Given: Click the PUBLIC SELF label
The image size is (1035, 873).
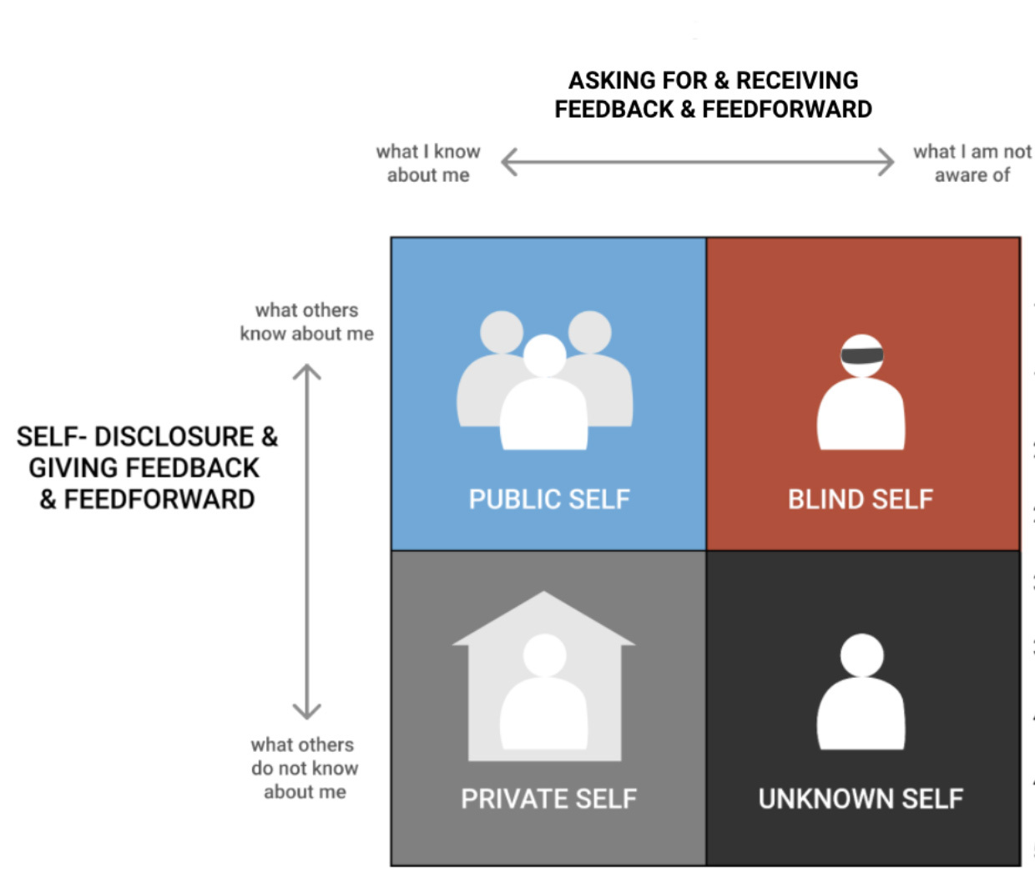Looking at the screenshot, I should tap(548, 499).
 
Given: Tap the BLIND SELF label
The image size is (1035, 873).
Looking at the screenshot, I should tap(860, 499).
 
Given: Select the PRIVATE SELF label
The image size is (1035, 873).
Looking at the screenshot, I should tap(548, 799).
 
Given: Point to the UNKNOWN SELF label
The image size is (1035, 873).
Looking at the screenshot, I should tap(861, 799).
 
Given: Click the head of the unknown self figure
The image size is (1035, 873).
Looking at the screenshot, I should tap(861, 654).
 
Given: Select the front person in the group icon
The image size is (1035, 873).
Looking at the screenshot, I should tap(544, 401).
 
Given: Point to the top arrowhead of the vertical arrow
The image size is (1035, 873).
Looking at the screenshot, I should tap(307, 372).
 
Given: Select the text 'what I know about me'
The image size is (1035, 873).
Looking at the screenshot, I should tap(428, 164).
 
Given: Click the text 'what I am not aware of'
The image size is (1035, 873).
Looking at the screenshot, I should tap(972, 164).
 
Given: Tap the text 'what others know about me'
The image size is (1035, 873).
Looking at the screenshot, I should tap(306, 322).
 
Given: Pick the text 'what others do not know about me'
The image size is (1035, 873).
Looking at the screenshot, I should tap(305, 768).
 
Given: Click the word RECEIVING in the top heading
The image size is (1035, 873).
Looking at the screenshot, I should tap(797, 80).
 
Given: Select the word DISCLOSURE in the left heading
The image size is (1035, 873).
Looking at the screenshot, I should tap(174, 436).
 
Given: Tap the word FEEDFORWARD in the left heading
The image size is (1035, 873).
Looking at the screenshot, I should tap(159, 499).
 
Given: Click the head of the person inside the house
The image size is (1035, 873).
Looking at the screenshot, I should tap(544, 655).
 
